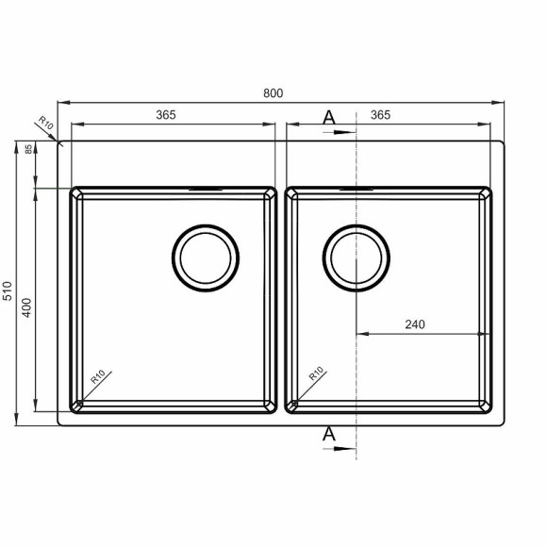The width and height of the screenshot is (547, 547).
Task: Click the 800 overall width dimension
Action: click(x=273, y=93)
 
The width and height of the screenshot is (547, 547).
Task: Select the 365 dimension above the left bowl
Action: click(x=166, y=115)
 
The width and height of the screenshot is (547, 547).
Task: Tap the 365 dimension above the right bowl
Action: click(x=381, y=115)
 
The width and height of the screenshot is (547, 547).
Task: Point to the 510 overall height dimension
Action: click(x=8, y=290)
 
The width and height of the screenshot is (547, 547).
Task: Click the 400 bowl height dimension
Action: click(x=26, y=307)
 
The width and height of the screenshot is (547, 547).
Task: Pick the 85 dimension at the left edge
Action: click(x=28, y=149)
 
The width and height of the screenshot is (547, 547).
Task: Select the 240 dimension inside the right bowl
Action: click(x=415, y=324)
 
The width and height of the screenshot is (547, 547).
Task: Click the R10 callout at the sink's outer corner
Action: click(x=45, y=123)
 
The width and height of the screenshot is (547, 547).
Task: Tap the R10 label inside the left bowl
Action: click(x=98, y=376)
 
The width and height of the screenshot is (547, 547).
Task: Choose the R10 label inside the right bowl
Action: click(x=316, y=373)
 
